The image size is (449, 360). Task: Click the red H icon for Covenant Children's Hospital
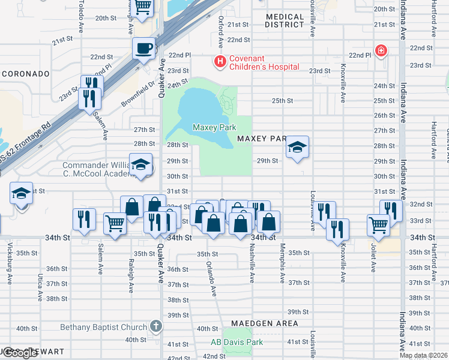click(x=220, y=61)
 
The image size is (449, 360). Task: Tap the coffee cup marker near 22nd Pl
click(x=143, y=48)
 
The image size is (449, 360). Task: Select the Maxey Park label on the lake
click(x=214, y=127)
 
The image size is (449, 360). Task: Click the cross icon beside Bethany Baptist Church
click(x=155, y=327)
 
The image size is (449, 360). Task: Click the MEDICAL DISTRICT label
click(x=285, y=20)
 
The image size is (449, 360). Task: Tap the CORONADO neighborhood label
click(x=25, y=73)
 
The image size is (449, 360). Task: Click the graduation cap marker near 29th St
click(x=297, y=148)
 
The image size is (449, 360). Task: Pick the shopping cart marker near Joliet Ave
click(x=378, y=225)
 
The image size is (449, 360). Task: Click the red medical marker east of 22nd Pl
click(x=381, y=51)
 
